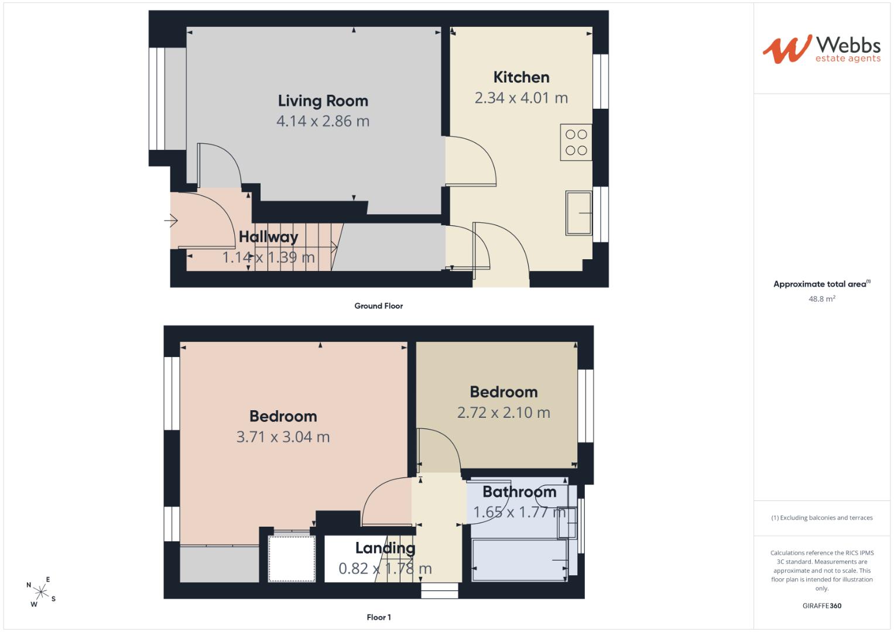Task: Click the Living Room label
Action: point(323,101)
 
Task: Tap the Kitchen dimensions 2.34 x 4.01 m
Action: point(521,98)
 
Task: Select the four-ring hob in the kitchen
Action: point(576,142)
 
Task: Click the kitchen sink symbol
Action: point(578,213)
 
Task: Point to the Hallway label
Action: point(268,237)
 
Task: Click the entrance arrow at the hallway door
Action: point(171,220)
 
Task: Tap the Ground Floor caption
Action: point(379,306)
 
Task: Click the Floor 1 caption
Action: point(379,617)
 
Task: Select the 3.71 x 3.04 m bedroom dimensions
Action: point(283,437)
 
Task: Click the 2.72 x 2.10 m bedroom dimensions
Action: point(503,413)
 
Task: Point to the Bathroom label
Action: point(520,492)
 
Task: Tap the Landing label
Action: point(385,548)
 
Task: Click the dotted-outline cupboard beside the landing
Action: point(292,559)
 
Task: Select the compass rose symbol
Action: point(41,592)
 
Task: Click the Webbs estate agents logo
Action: point(822,50)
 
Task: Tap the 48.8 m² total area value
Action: point(822,298)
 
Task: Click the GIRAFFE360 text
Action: point(822,606)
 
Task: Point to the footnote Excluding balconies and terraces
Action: point(822,517)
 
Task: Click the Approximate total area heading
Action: point(822,284)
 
